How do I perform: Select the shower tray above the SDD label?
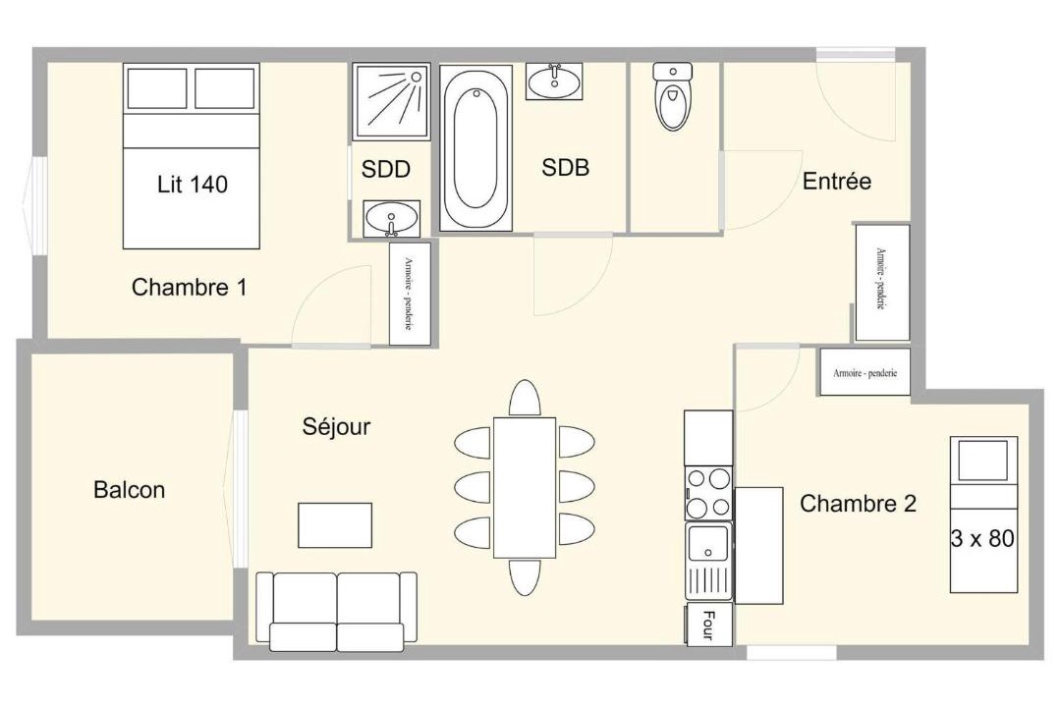(x=391, y=101)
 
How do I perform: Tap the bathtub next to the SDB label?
(x=475, y=147)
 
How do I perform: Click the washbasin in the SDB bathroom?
(x=554, y=82)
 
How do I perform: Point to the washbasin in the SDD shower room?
(x=391, y=219)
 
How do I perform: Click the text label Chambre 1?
(x=190, y=287)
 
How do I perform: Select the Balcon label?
(x=130, y=489)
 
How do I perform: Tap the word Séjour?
(x=336, y=426)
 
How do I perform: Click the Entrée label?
(x=837, y=181)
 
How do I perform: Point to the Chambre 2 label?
(x=858, y=504)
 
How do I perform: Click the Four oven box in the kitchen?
(x=708, y=624)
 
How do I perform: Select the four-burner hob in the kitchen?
(x=708, y=493)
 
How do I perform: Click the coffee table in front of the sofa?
(x=335, y=525)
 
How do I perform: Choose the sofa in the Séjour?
(x=336, y=612)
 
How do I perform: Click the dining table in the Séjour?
(x=525, y=488)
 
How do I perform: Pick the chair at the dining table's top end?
(x=525, y=397)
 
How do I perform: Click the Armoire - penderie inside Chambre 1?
(x=410, y=295)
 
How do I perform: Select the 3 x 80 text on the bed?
(x=982, y=538)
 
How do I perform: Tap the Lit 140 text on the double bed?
(x=193, y=184)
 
